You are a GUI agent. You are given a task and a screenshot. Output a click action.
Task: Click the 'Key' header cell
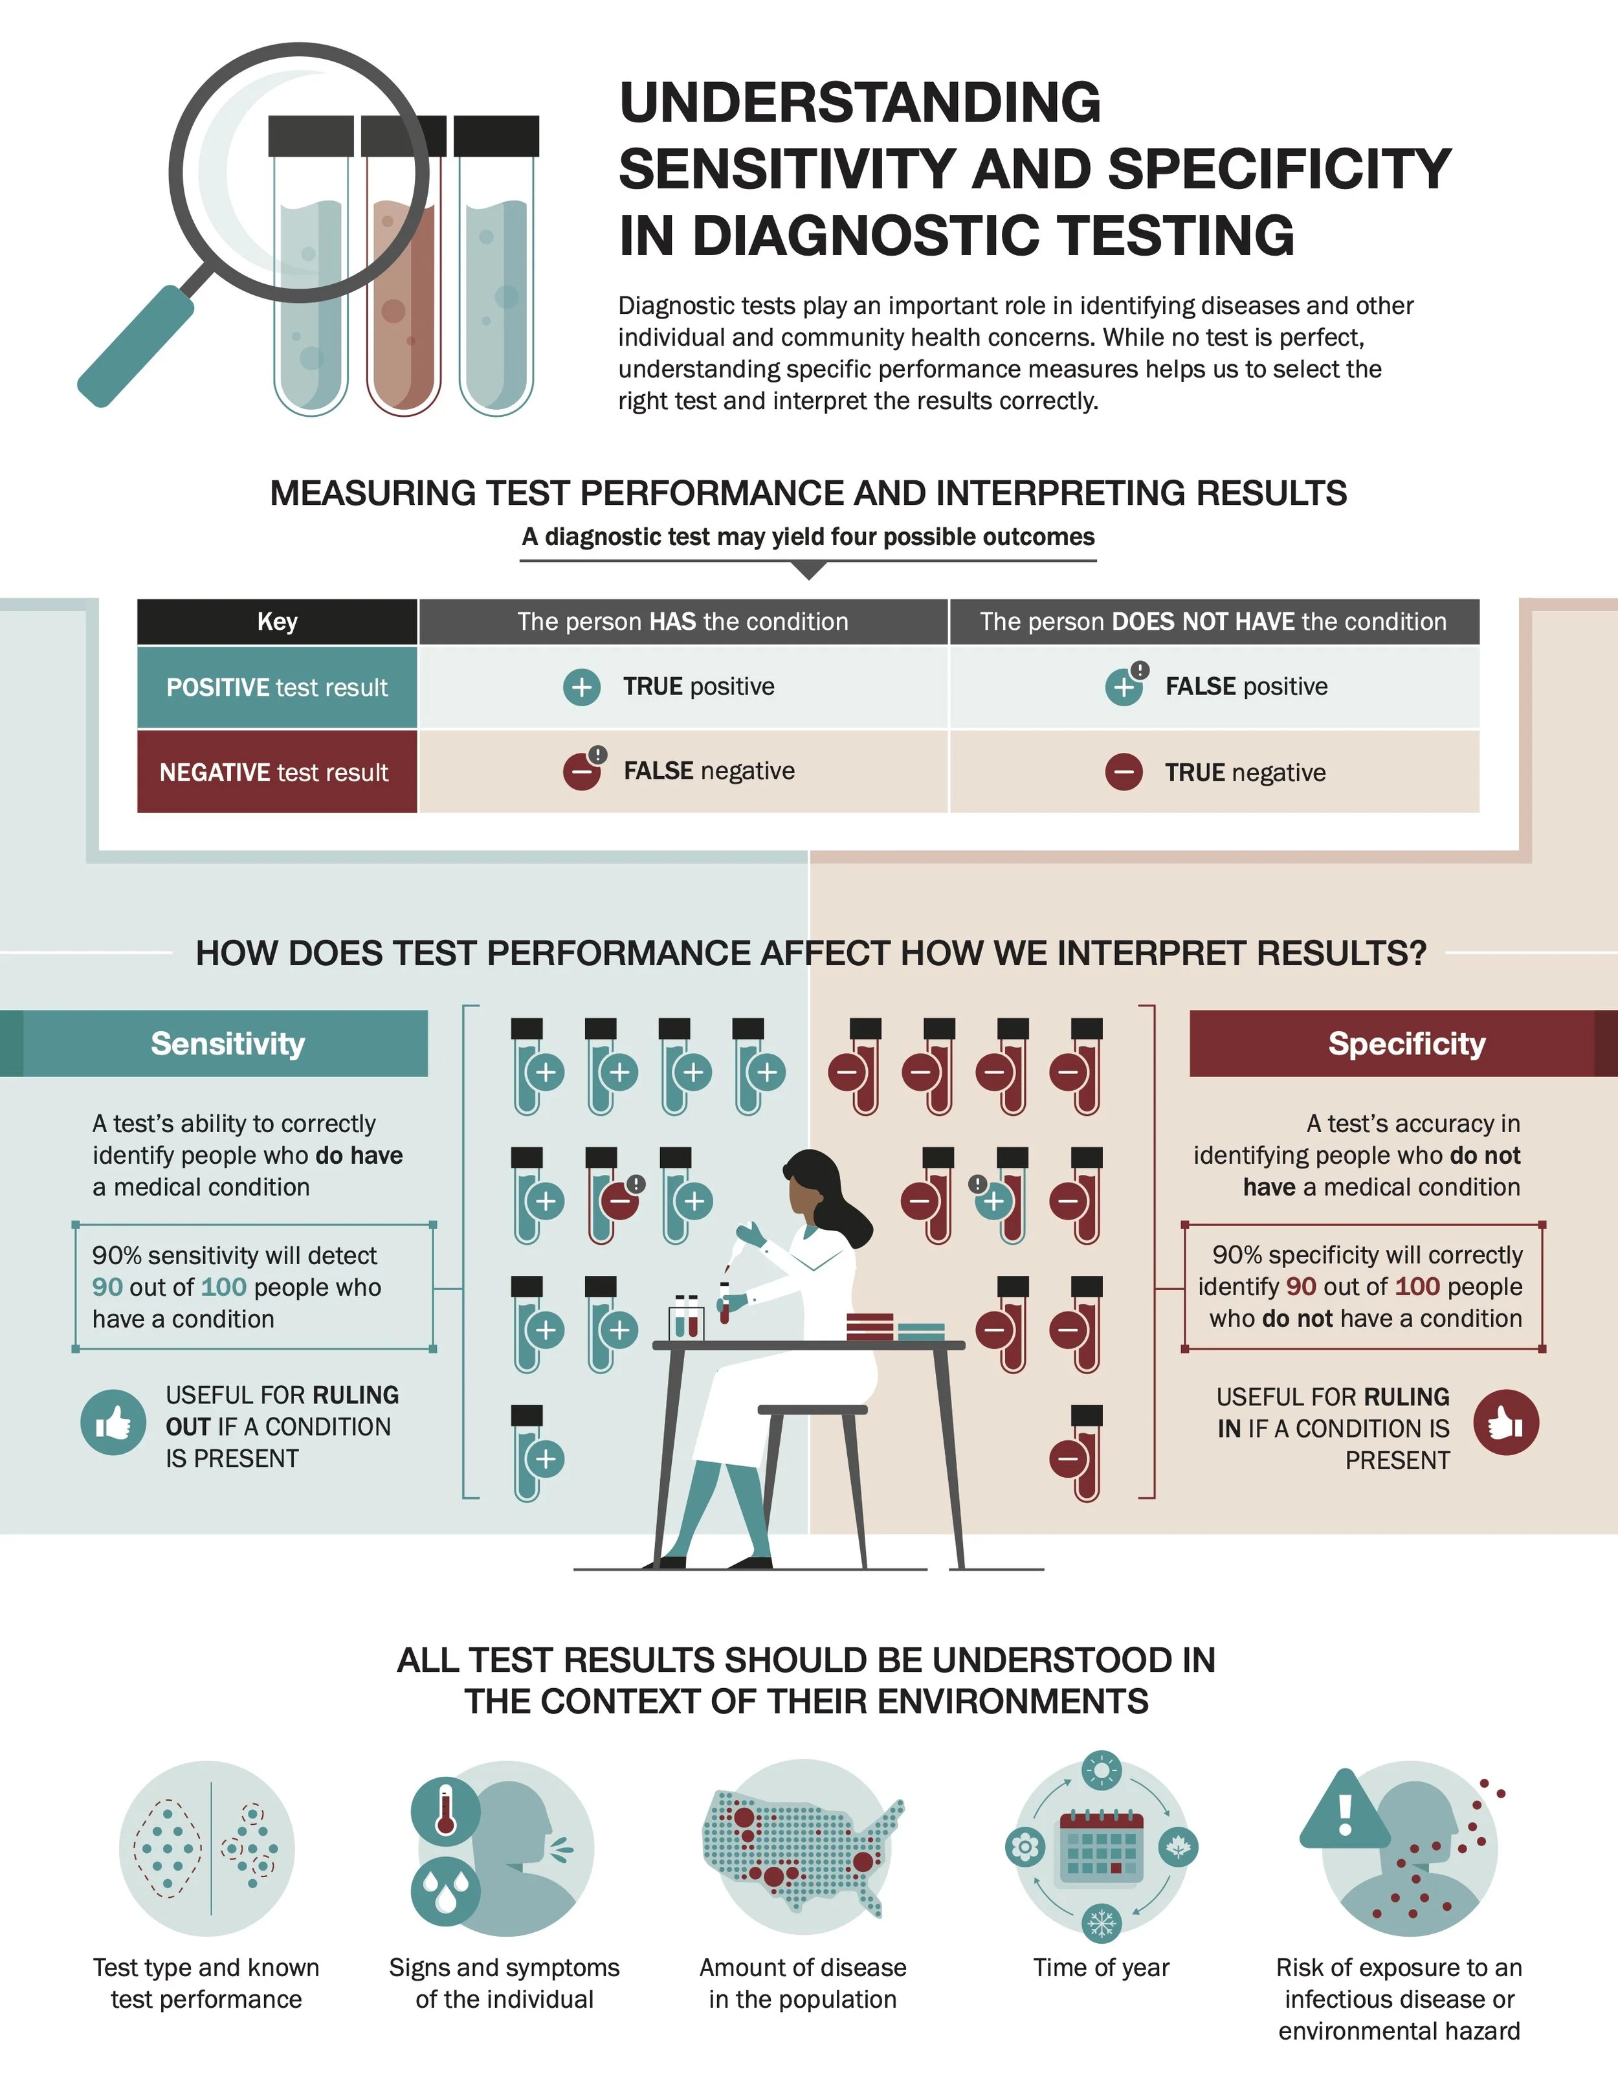pos(277,621)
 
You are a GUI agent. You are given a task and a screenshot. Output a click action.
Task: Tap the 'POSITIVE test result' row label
pos(277,687)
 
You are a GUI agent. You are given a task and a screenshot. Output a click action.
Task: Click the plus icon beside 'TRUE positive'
pos(582,687)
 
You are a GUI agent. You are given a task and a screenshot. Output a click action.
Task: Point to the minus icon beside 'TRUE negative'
pos(1124,772)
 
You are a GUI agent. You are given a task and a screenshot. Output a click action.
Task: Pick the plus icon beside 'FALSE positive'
pos(1124,687)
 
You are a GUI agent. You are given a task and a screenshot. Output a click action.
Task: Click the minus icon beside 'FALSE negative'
pos(582,772)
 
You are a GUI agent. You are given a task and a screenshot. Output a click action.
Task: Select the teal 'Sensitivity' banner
pos(227,1043)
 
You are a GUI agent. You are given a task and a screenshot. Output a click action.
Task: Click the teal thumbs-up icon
pos(113,1422)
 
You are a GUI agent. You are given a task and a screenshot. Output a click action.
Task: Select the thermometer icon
pos(445,1809)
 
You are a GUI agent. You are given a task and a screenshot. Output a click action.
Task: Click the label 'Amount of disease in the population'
pos(803,1983)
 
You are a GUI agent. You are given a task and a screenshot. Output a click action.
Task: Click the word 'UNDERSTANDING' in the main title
pos(859,102)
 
